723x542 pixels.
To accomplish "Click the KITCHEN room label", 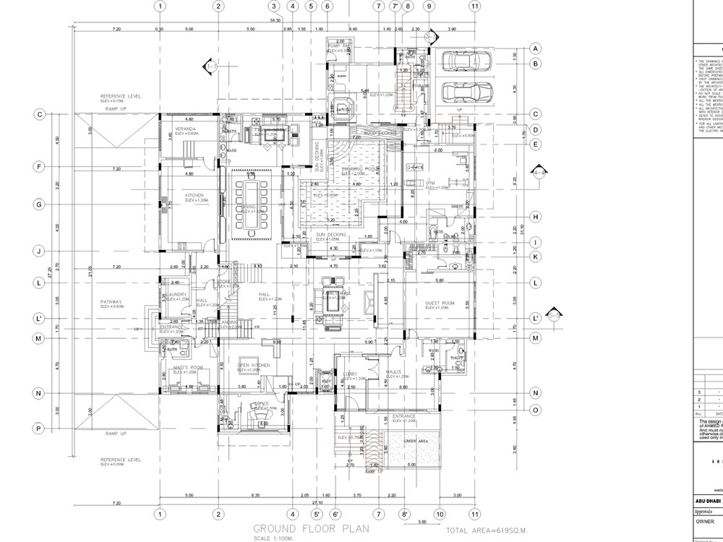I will [x=194, y=196].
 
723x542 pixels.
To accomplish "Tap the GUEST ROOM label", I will [x=439, y=304].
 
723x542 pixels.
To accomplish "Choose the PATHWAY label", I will [x=112, y=302].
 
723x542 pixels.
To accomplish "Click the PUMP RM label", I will [x=339, y=47].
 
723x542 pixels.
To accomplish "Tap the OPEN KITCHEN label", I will [x=254, y=366].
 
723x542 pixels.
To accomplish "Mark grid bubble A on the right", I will [x=536, y=48].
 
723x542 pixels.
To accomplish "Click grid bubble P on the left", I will [x=41, y=428].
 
